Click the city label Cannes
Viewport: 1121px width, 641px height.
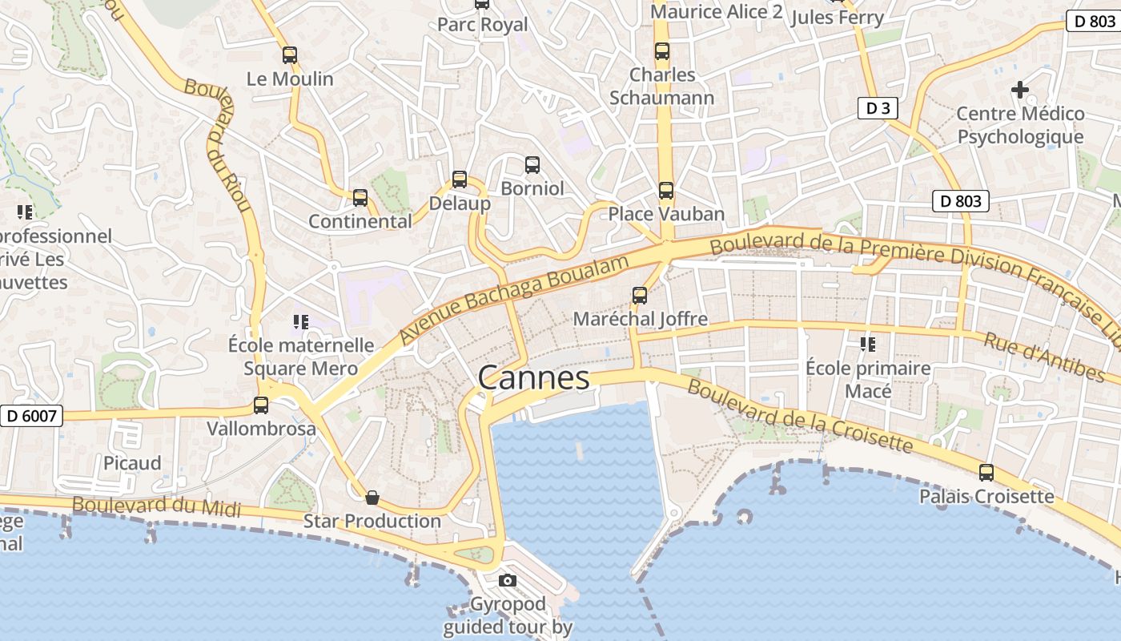[533, 377]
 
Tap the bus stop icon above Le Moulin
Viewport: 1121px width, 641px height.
[290, 55]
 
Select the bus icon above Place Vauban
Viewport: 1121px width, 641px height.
[666, 191]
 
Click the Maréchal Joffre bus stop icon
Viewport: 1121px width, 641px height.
[640, 296]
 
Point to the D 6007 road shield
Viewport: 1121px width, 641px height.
[31, 416]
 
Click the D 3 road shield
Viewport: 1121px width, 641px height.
[878, 108]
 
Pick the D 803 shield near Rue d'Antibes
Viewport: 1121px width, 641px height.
[961, 201]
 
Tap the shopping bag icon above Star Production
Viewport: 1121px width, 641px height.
[372, 498]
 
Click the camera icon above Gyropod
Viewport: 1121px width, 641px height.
[508, 580]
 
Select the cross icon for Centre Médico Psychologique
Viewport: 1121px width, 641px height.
[1020, 90]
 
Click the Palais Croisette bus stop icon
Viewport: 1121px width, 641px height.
[986, 473]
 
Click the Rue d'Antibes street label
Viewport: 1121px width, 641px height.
[1044, 357]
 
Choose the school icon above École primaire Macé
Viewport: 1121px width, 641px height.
[867, 345]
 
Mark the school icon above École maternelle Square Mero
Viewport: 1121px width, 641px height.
[301, 322]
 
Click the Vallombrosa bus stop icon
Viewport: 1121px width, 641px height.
[261, 405]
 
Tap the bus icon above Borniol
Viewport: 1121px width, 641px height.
[532, 165]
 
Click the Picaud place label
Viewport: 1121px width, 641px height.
[132, 463]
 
